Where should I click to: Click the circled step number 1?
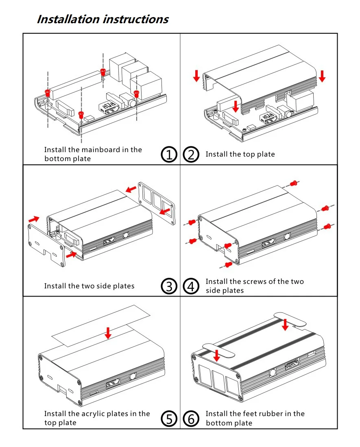point(169,155)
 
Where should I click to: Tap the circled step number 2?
point(191,155)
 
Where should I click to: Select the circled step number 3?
point(169,286)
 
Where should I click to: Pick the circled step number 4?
point(191,286)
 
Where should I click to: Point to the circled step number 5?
point(169,419)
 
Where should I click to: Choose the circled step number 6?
point(191,419)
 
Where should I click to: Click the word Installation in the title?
point(69,19)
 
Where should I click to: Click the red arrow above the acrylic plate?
point(108,333)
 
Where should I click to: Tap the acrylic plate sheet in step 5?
point(100,326)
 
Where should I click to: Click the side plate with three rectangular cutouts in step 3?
point(157,203)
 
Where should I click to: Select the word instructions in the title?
point(136,19)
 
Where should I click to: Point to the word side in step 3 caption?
point(103,286)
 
